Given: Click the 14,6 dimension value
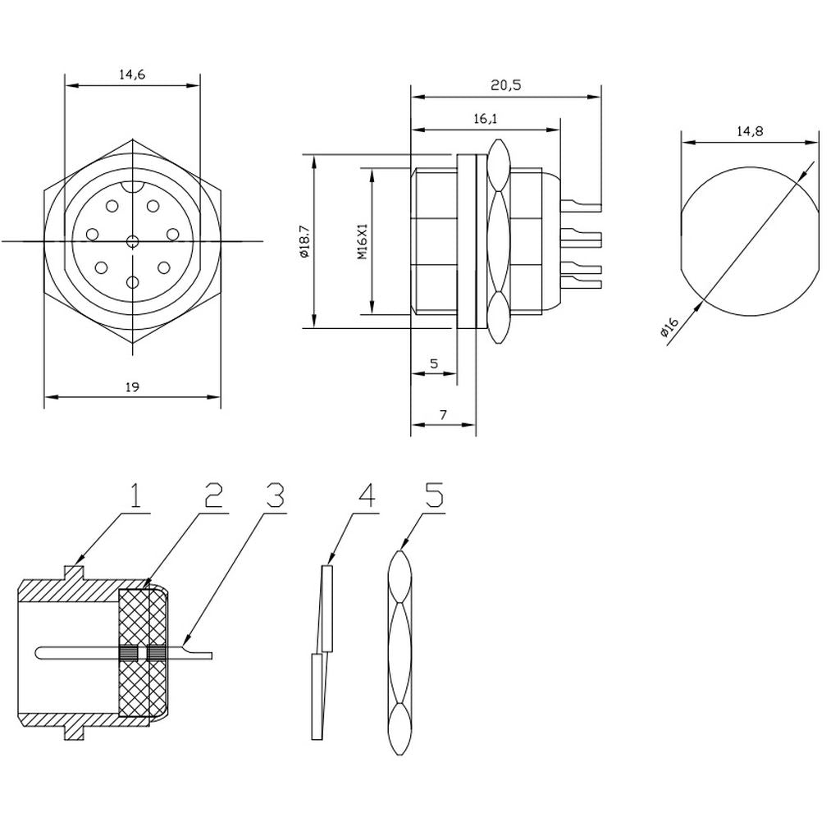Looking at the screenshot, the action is [132, 75].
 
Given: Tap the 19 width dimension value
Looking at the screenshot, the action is [132, 387].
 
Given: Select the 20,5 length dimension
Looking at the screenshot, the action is [505, 84].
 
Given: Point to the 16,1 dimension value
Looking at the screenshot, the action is [486, 118].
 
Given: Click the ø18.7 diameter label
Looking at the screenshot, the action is [305, 241].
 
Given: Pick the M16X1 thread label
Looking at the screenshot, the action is [363, 241].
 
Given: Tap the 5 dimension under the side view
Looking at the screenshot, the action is [434, 363].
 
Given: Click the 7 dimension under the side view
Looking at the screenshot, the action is [443, 414].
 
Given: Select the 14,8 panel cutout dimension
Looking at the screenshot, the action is [750, 130].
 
